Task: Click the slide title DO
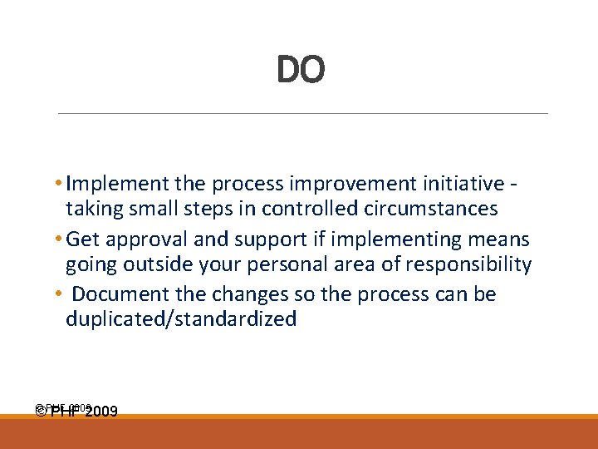[x=300, y=71]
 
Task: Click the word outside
[x=172, y=264]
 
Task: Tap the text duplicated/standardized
[x=181, y=319]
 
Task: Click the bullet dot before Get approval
[x=60, y=240]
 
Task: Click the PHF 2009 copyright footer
[x=76, y=411]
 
